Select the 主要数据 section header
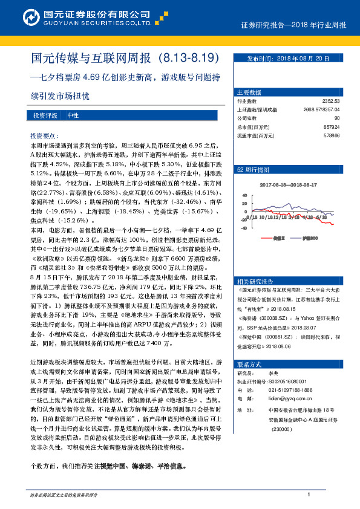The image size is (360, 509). coord(249,92)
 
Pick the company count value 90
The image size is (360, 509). coord(336,118)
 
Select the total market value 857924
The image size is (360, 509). coord(332,127)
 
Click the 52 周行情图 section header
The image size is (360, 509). coord(252,170)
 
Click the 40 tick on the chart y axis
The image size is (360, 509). coord(244,195)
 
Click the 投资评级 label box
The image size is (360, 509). coord(45,115)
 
